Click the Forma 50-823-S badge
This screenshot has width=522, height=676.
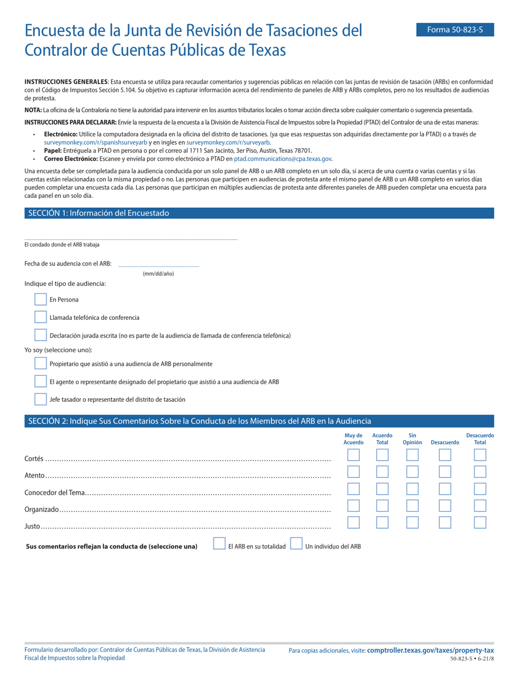(455, 30)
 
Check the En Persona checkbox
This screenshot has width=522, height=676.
(41, 300)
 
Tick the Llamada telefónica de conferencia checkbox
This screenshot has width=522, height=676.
(41, 317)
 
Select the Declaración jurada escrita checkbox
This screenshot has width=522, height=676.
(41, 335)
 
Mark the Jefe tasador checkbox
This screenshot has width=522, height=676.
(41, 399)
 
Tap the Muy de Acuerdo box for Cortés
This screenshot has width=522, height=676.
(353, 455)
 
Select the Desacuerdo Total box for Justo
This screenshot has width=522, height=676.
(480, 523)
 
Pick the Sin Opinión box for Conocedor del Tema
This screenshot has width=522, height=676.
(412, 489)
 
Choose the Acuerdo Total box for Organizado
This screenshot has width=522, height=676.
(382, 506)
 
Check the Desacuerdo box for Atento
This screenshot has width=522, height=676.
(445, 472)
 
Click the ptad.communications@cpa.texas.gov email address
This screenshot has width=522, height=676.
(283, 158)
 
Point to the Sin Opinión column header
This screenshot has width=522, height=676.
(412, 439)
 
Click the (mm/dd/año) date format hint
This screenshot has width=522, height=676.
(158, 273)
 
